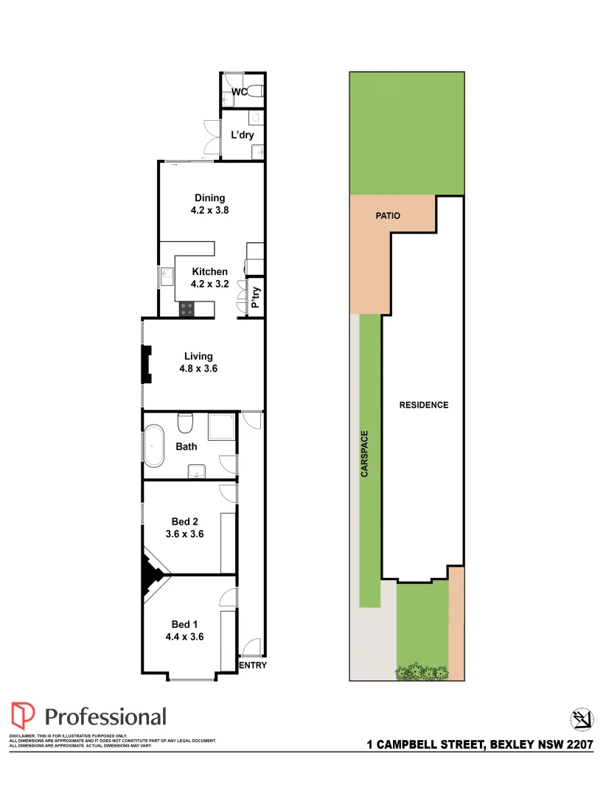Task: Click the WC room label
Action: pyautogui.click(x=239, y=92)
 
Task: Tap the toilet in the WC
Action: pyautogui.click(x=254, y=91)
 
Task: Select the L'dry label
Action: pyautogui.click(x=243, y=136)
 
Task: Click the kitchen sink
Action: pyautogui.click(x=165, y=277)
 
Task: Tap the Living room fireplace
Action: pyautogui.click(x=147, y=365)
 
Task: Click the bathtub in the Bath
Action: pyautogui.click(x=154, y=446)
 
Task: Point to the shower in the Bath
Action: pyautogui.click(x=222, y=427)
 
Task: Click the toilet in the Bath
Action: pyautogui.click(x=185, y=423)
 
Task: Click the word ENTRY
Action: pyautogui.click(x=253, y=666)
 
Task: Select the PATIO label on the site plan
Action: pyautogui.click(x=387, y=216)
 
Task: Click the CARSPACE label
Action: pyautogui.click(x=365, y=453)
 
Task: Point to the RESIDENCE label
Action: pyautogui.click(x=424, y=405)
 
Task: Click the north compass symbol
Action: pyautogui.click(x=582, y=719)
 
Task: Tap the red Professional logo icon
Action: pyautogui.click(x=23, y=716)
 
